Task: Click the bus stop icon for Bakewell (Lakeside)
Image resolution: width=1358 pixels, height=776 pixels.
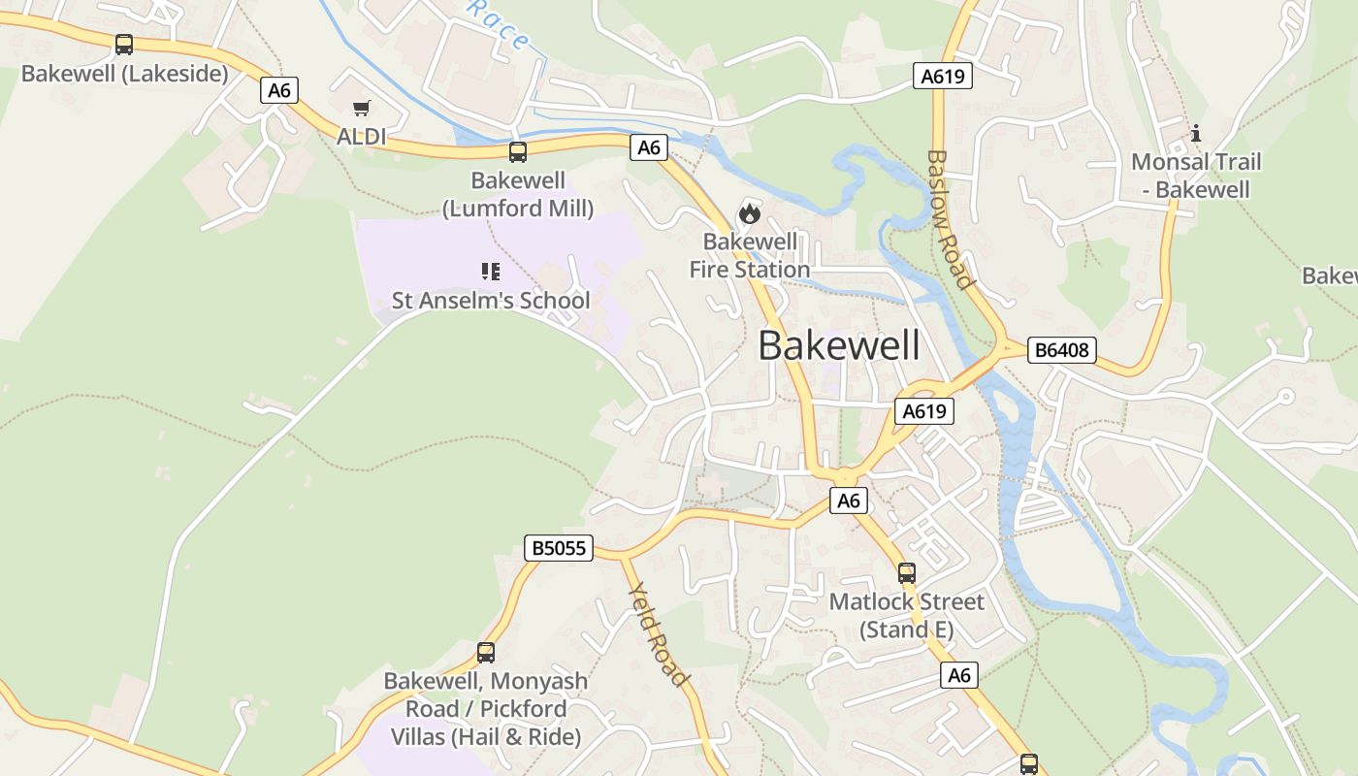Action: click(x=124, y=44)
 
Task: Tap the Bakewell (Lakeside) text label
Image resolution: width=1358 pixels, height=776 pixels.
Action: click(x=124, y=74)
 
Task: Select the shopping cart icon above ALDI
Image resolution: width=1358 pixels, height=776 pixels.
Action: click(x=362, y=109)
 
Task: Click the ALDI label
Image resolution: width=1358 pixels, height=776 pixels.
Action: click(x=362, y=137)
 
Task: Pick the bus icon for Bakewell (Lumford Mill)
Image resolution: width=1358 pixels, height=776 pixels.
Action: click(x=518, y=151)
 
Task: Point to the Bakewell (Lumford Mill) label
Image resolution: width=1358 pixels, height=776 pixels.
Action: click(x=518, y=194)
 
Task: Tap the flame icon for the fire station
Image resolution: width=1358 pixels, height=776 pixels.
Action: click(x=750, y=212)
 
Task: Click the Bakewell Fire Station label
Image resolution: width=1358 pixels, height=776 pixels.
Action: click(x=750, y=255)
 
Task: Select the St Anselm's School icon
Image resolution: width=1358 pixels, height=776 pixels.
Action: click(x=491, y=271)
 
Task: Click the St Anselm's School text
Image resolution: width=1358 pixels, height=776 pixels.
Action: click(x=491, y=301)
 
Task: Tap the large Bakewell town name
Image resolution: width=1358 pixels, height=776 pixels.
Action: click(x=839, y=345)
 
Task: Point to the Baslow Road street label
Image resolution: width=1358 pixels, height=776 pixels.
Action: click(x=950, y=219)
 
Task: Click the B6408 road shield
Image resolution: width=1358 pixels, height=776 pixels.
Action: click(x=1062, y=350)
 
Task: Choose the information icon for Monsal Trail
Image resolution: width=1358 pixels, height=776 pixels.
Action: click(x=1196, y=133)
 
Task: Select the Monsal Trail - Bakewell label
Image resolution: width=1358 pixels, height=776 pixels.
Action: click(x=1196, y=176)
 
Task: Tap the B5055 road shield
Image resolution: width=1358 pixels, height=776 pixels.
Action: click(x=558, y=548)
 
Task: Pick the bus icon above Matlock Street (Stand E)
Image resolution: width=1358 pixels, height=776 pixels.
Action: click(x=907, y=573)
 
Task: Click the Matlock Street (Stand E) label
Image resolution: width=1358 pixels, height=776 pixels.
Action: click(x=907, y=616)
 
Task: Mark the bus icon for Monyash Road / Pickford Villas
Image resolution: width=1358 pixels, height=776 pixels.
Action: click(x=486, y=653)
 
